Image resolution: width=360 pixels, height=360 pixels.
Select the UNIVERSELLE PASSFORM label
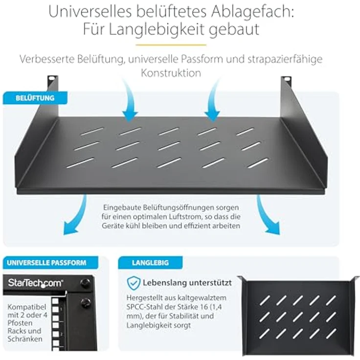point(46,263)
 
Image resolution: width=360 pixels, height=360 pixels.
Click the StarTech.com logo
point(35,283)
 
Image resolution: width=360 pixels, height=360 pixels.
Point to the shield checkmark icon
point(133,283)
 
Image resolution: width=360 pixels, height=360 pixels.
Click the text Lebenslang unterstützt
point(187,283)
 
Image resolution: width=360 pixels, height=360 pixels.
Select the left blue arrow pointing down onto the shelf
point(129,100)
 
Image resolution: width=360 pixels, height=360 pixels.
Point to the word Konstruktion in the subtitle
point(171,73)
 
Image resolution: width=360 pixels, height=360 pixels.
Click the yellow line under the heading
point(180,45)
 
